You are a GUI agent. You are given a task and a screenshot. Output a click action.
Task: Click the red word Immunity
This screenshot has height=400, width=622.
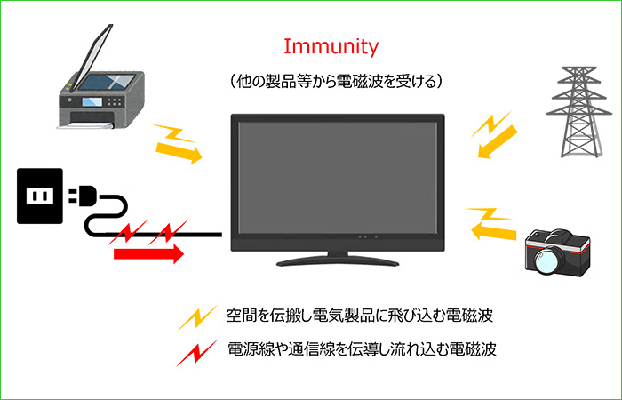click(x=331, y=48)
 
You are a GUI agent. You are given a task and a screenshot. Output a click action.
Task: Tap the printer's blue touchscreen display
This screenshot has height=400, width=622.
click(x=92, y=102)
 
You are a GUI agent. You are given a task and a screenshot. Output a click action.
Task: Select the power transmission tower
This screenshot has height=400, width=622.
click(x=578, y=112)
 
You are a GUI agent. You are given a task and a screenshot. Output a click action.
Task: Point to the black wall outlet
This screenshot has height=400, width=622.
click(x=40, y=196)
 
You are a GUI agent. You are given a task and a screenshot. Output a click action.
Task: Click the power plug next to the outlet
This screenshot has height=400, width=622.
click(x=83, y=196)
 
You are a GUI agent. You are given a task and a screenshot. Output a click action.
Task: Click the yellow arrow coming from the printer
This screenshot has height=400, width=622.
click(x=179, y=152)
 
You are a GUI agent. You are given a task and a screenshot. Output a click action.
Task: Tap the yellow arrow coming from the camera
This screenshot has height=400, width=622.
click(x=493, y=231)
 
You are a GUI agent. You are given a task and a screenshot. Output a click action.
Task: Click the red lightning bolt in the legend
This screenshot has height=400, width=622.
click(x=197, y=353)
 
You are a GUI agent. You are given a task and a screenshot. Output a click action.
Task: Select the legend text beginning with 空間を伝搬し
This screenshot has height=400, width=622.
click(x=360, y=316)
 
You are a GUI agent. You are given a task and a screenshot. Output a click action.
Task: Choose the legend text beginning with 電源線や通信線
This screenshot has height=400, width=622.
click(x=362, y=349)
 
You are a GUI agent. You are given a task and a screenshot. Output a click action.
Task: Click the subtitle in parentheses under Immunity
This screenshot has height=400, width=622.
click(x=336, y=82)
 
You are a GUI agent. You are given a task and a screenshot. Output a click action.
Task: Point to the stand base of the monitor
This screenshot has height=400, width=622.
click(x=338, y=262)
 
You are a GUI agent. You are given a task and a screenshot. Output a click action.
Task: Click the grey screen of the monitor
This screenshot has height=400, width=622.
click(x=338, y=178)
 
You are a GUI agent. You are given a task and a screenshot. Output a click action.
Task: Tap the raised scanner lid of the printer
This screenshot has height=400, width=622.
click(x=93, y=56)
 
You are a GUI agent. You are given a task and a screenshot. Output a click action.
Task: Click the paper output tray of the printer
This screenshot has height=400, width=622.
click(x=85, y=125)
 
